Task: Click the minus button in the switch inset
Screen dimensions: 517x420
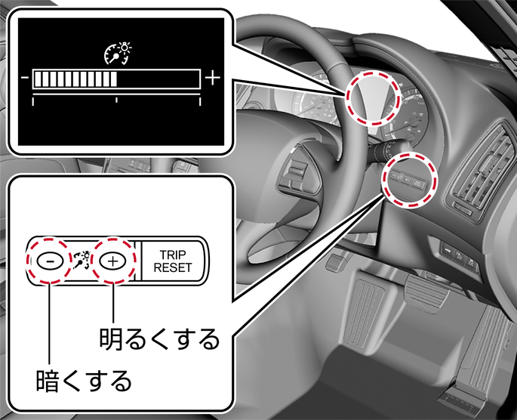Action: pyautogui.click(x=50, y=261)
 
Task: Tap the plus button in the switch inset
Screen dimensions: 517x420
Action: pyautogui.click(x=112, y=261)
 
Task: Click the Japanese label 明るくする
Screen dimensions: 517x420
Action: pyautogui.click(x=159, y=339)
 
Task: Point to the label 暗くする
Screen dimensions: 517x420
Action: pyautogui.click(x=84, y=381)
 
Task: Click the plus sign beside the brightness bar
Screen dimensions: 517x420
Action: pyautogui.click(x=212, y=79)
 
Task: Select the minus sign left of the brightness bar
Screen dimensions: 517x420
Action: pyautogui.click(x=25, y=79)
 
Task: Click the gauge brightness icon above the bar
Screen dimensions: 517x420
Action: pyautogui.click(x=118, y=53)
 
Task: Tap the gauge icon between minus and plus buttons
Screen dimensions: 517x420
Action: pyautogui.click(x=82, y=261)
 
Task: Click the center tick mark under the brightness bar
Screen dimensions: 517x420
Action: pyautogui.click(x=116, y=100)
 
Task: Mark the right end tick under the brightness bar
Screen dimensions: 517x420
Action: pyautogui.click(x=200, y=101)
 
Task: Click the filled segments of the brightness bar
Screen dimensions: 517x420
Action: pyautogui.click(x=75, y=79)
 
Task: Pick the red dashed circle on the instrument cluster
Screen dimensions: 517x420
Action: pyautogui.click(x=373, y=98)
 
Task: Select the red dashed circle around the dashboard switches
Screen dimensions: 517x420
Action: pyautogui.click(x=410, y=180)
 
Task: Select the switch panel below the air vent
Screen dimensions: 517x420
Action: pyautogui.click(x=460, y=255)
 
